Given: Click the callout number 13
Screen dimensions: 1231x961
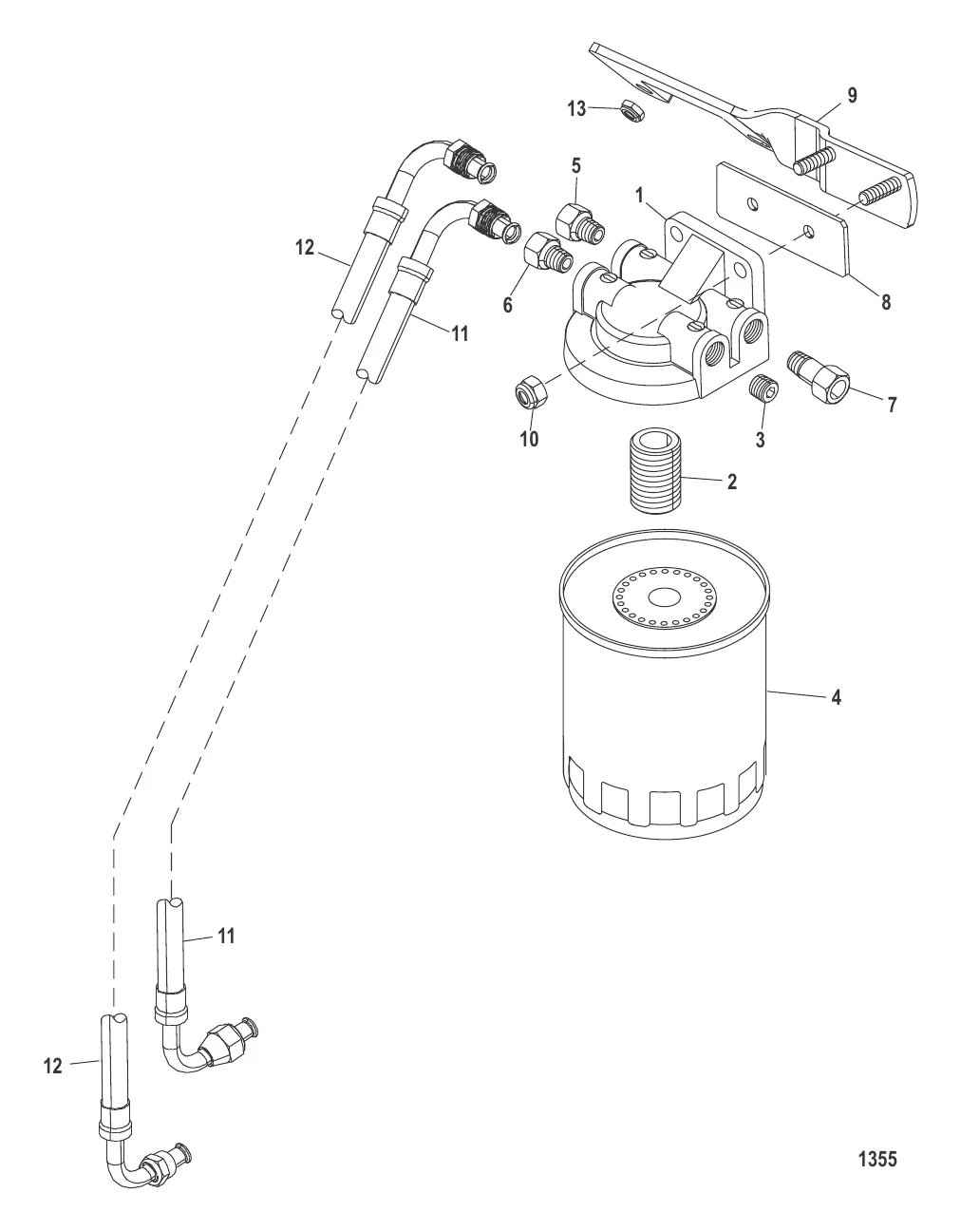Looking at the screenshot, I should tap(577, 108).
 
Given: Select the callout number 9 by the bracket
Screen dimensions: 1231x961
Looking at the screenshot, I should tap(852, 95).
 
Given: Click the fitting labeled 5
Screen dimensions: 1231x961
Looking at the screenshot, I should tap(581, 222).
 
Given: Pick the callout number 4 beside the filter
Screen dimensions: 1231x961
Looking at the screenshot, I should tap(836, 697).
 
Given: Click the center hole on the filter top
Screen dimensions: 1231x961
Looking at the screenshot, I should tap(661, 598).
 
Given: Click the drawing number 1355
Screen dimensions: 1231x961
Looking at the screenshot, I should tap(877, 1159).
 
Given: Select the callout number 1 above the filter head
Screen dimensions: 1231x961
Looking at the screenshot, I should tap(640, 195).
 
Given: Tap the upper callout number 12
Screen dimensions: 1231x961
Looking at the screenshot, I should tap(304, 249).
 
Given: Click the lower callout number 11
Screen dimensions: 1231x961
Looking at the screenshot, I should tap(225, 936).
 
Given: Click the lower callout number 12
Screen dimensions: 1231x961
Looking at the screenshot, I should tap(52, 1067).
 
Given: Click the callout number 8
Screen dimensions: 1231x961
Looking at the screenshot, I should tap(885, 303).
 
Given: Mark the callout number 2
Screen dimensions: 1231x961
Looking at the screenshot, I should tap(732, 482).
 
